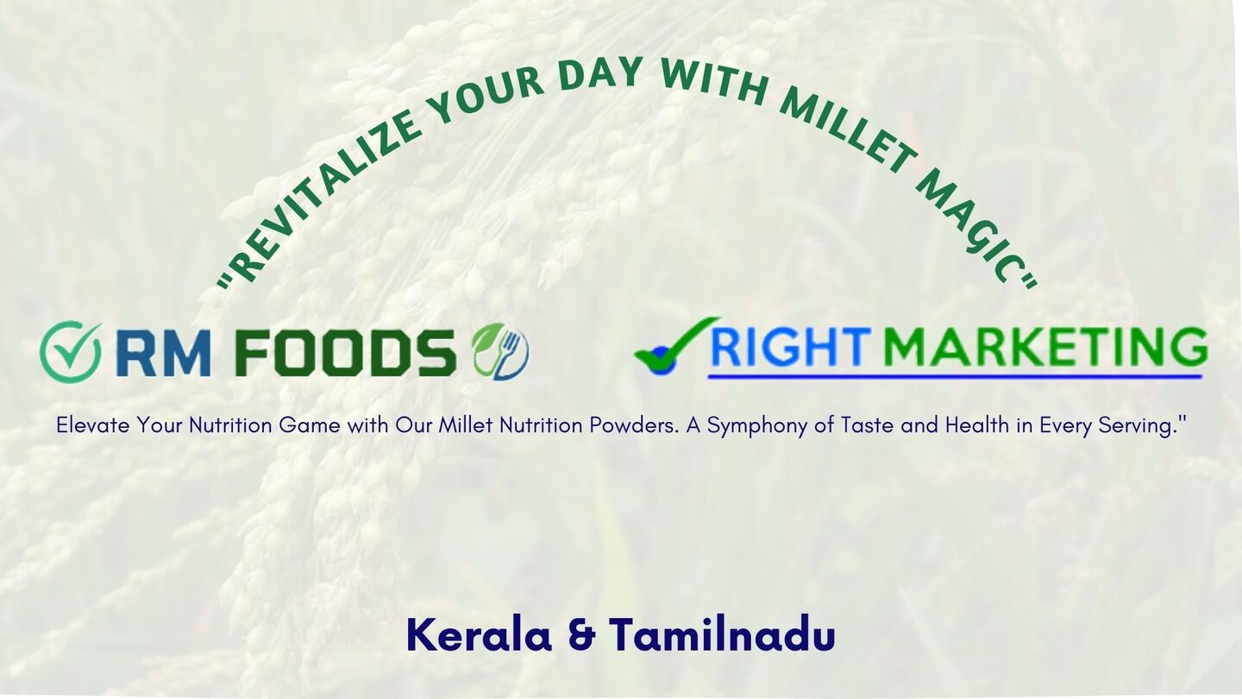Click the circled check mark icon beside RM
[x=71, y=352]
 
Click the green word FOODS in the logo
[x=345, y=352]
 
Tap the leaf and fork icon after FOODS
[x=500, y=351]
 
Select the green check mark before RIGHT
[x=678, y=345]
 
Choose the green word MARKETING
[x=1045, y=347]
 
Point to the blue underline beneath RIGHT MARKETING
[x=956, y=376]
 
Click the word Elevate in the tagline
[x=94, y=425]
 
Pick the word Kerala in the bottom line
[x=480, y=635]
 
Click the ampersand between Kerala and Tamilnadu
[x=581, y=636]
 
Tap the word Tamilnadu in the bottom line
[x=723, y=635]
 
